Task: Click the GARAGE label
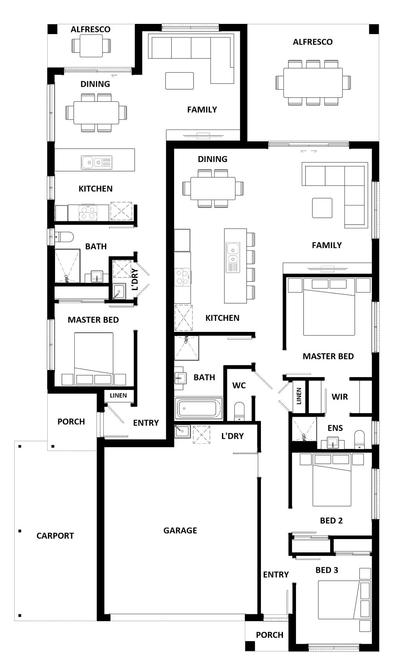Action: pyautogui.click(x=180, y=530)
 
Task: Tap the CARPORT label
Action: pyautogui.click(x=55, y=536)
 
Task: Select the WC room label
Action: pyautogui.click(x=239, y=385)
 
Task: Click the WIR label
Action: pyautogui.click(x=340, y=397)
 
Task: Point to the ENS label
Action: pyautogui.click(x=335, y=428)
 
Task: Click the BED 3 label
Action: pyautogui.click(x=327, y=570)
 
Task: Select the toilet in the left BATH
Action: pyautogui.click(x=64, y=237)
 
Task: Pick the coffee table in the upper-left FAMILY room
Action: pyautogui.click(x=179, y=81)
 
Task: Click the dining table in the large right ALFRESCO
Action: pyautogui.click(x=313, y=83)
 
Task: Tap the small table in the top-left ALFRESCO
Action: pyautogui.click(x=91, y=45)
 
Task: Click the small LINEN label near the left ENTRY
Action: pyautogui.click(x=118, y=395)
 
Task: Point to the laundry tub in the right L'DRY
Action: pyautogui.click(x=182, y=431)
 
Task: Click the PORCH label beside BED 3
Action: pyautogui.click(x=270, y=635)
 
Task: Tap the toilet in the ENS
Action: pyautogui.click(x=360, y=440)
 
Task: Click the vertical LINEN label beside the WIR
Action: pyautogui.click(x=299, y=396)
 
